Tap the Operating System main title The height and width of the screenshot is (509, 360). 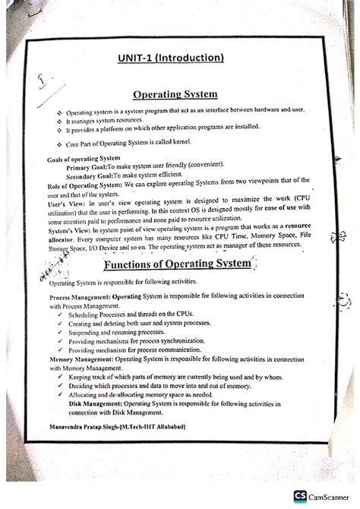click(175, 95)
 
